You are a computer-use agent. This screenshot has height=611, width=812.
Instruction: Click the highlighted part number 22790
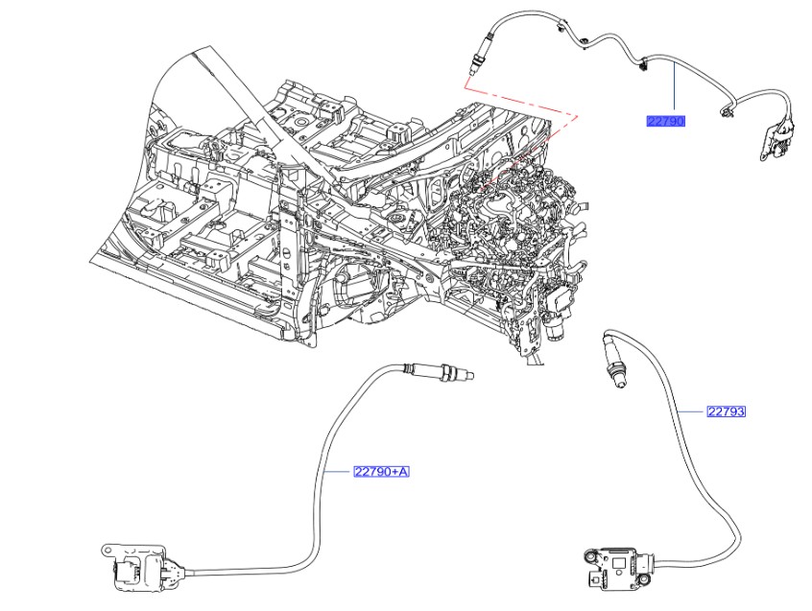coord(665,121)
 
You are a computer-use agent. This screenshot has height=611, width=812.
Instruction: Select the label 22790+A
coord(381,471)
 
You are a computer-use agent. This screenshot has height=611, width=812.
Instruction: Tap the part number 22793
coord(726,411)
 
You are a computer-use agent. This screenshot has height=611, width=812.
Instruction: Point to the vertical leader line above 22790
coord(674,91)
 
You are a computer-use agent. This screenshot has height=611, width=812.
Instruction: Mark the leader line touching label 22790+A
coord(338,471)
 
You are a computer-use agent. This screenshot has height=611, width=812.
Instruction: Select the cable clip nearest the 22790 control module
coord(727,113)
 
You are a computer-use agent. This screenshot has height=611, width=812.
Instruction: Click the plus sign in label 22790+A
coord(393,471)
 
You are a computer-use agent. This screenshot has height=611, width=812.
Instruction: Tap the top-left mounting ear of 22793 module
coord(589,554)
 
